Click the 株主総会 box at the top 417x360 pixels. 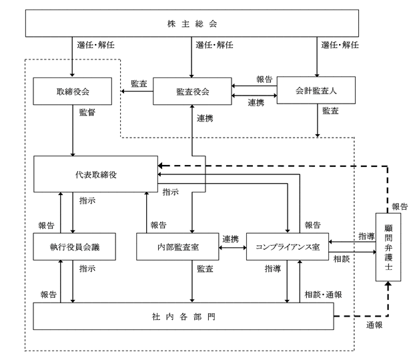tap(192, 23)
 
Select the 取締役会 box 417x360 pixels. tap(72, 92)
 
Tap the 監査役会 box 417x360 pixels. tap(192, 92)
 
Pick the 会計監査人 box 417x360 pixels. tap(316, 90)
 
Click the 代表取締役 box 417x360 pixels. tap(95, 174)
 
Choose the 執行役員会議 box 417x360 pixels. tap(75, 246)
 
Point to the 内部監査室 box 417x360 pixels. tap(177, 246)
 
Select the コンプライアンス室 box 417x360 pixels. tap(288, 246)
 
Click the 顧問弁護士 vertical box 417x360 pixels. tap(388, 247)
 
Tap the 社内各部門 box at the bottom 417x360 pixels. tap(183, 317)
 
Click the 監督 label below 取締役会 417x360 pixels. tap(87, 112)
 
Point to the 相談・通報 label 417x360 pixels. tap(323, 295)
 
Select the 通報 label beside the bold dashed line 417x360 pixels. tap(374, 325)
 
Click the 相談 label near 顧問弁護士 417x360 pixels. tap(342, 259)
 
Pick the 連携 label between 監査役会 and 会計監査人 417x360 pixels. tap(256, 102)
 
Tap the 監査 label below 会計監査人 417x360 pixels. tap(330, 111)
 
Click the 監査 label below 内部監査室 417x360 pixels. tap(205, 268)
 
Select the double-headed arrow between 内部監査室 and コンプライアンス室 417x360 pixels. tap(233, 248)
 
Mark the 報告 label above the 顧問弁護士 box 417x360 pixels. tap(400, 206)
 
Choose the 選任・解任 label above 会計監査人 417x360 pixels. tap(340, 45)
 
